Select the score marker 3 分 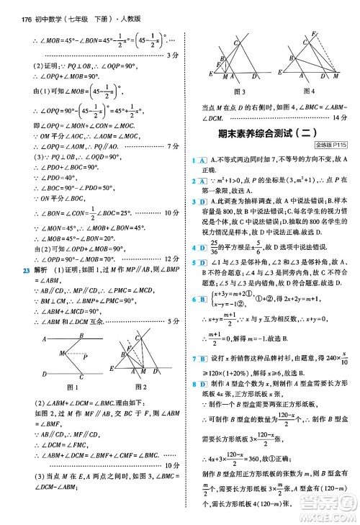pyautogui.click(x=171, y=55)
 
